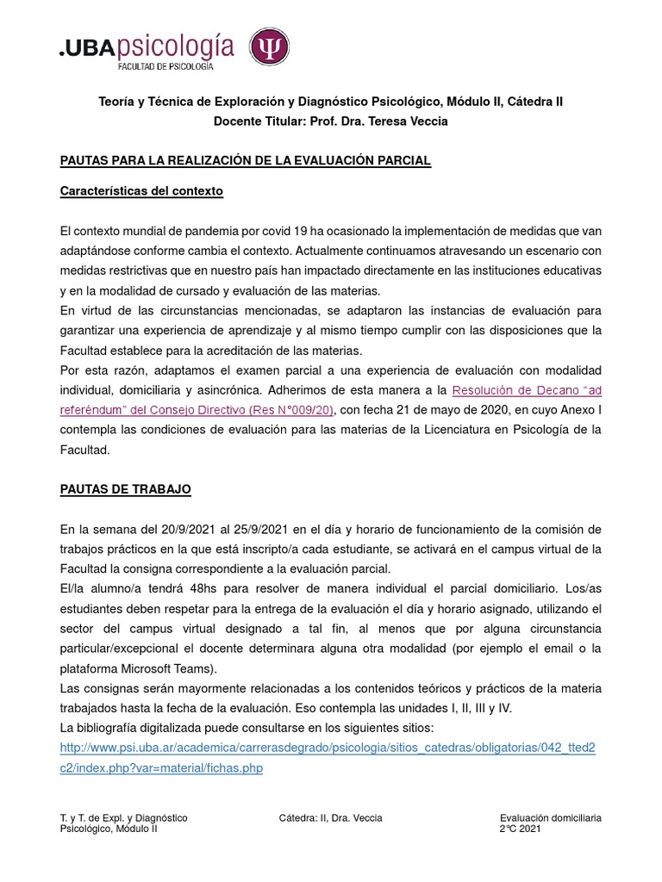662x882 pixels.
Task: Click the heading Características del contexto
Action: tap(141, 191)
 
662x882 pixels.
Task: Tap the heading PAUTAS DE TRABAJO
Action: tap(125, 489)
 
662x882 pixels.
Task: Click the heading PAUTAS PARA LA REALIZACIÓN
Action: tap(245, 161)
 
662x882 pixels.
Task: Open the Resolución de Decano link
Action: tap(527, 388)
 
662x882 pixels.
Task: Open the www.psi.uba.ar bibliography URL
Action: tap(328, 748)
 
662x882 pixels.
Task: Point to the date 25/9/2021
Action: tap(248, 528)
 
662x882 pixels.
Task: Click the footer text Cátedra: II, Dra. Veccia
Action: tap(330, 817)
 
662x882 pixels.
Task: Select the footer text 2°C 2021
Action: tap(520, 829)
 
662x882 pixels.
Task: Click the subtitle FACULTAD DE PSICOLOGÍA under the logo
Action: tap(165, 65)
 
